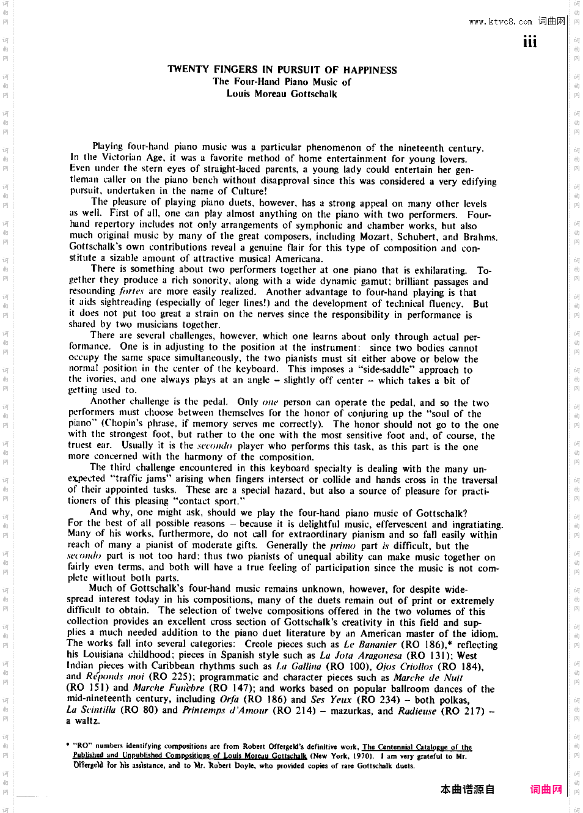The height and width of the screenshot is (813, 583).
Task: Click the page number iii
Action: point(529,42)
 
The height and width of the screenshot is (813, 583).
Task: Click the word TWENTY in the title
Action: point(188,69)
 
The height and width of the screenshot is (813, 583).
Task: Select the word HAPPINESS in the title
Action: point(370,70)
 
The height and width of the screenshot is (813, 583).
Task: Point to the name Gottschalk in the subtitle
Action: point(313,94)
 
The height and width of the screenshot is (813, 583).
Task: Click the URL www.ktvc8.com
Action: point(501,22)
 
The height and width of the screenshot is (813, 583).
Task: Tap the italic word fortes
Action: point(131,292)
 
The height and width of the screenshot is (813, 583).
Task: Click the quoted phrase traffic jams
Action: point(139,479)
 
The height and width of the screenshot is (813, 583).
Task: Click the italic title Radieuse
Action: point(417,710)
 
